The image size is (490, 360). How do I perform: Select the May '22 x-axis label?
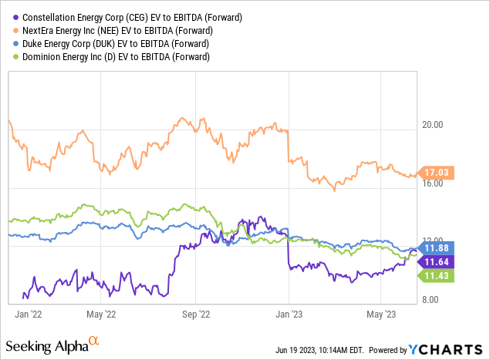pyautogui.click(x=102, y=314)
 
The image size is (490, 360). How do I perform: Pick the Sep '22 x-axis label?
pyautogui.click(x=195, y=314)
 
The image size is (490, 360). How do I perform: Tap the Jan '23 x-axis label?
pyautogui.click(x=288, y=314)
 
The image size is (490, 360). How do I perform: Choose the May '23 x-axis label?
pyautogui.click(x=380, y=314)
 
